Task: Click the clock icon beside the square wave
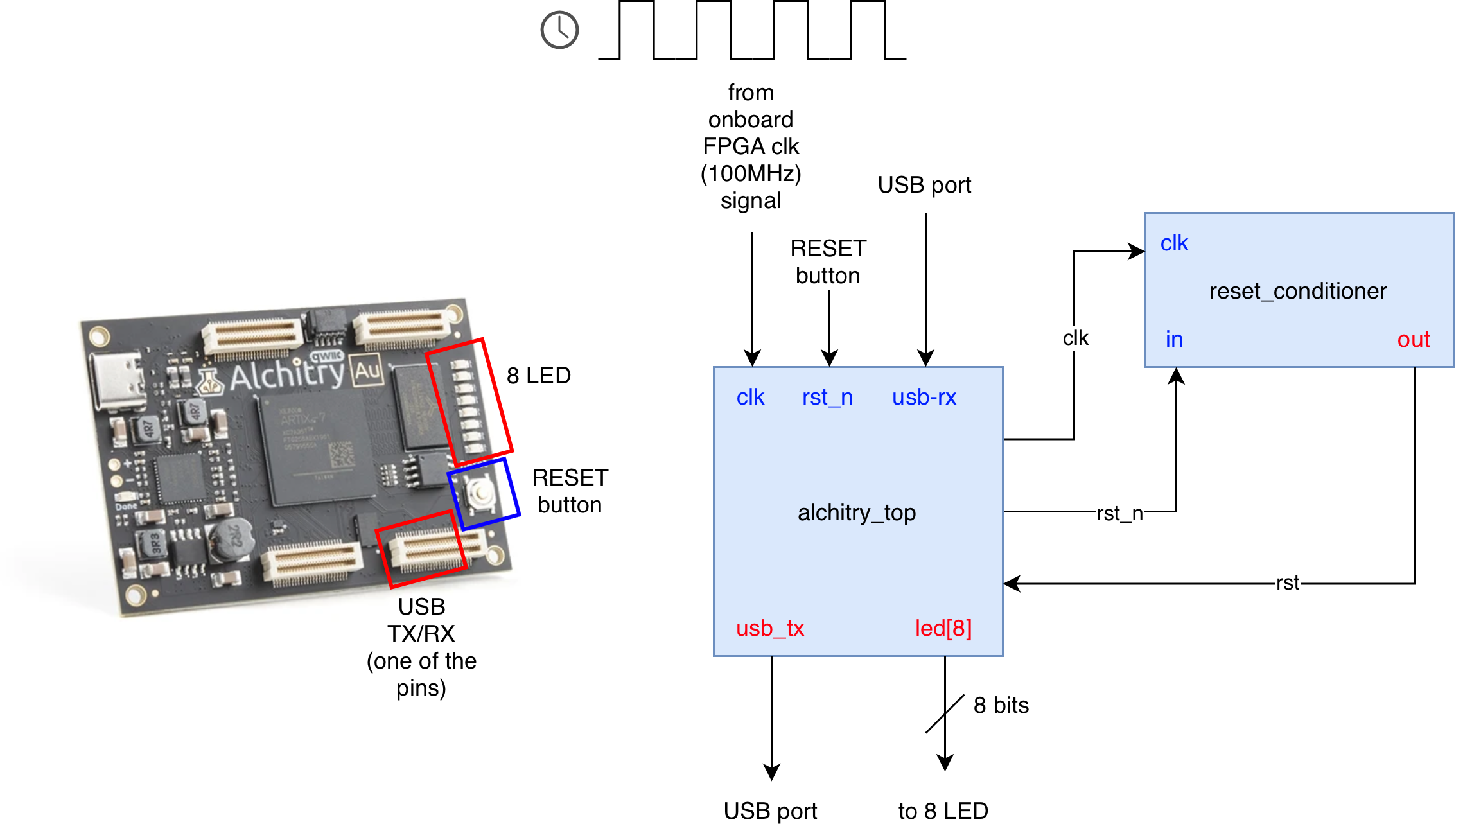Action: point(559,30)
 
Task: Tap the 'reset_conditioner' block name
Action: point(1297,291)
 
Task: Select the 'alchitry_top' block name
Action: point(857,512)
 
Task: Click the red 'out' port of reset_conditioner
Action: point(1413,339)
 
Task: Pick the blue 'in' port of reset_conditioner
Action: point(1174,339)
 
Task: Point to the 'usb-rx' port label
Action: point(924,398)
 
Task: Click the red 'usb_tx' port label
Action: point(770,628)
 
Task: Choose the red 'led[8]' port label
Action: point(943,628)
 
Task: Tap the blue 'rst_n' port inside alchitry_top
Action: point(827,398)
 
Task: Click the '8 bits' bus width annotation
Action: point(1001,705)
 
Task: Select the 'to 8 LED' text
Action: point(943,811)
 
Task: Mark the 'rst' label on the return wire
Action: point(1287,583)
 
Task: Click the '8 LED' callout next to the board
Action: point(538,376)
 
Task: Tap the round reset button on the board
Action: point(480,493)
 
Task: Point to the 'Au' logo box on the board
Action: point(367,371)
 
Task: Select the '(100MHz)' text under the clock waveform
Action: point(751,173)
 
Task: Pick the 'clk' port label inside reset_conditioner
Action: point(1174,243)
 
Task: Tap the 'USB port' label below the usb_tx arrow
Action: point(770,811)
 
